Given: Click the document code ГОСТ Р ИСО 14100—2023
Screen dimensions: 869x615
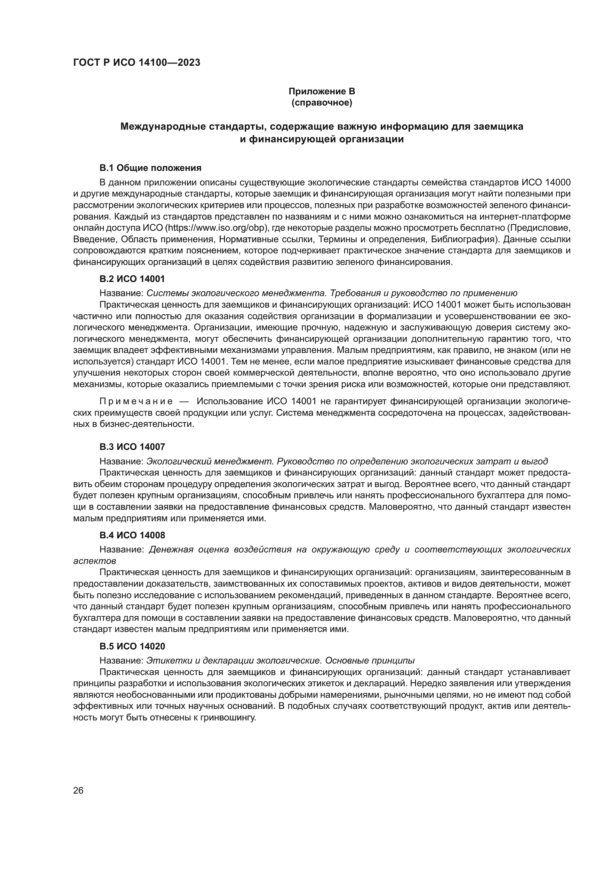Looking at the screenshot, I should [137, 63].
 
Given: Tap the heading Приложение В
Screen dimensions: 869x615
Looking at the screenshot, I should [322, 91].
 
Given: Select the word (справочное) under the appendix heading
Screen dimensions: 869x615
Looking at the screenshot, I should [322, 103].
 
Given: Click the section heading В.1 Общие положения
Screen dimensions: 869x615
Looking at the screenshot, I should [150, 168].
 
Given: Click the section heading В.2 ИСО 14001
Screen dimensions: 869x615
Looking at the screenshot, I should [132, 279].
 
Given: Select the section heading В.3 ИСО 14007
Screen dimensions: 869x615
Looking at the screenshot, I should [132, 447].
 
